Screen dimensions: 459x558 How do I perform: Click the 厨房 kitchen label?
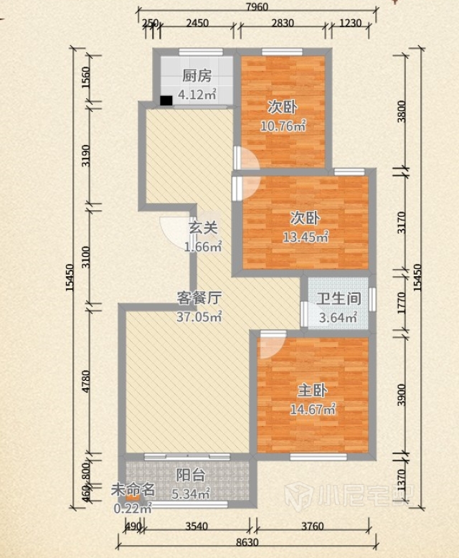tap(197, 75)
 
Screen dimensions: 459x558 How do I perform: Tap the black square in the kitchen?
tap(166, 100)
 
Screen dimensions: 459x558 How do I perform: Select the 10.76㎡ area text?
tap(283, 126)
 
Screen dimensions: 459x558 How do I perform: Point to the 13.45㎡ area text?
tap(306, 237)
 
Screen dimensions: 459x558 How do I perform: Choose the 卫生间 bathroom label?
tap(339, 298)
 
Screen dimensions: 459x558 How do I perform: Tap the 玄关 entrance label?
tap(203, 228)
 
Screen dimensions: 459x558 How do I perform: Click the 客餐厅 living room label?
tap(199, 298)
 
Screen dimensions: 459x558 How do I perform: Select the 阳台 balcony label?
tap(191, 475)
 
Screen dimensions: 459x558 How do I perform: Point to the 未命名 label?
tap(133, 490)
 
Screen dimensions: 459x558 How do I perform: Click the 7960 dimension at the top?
tap(257, 6)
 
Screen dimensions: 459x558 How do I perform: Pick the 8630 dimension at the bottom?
tap(247, 542)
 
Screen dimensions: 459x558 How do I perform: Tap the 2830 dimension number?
tap(283, 23)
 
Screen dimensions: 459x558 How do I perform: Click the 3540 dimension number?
tap(197, 526)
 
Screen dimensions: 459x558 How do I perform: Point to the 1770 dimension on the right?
tap(402, 303)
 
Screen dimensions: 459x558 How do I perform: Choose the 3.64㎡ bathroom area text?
tap(338, 317)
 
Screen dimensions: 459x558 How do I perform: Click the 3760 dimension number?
tap(313, 526)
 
